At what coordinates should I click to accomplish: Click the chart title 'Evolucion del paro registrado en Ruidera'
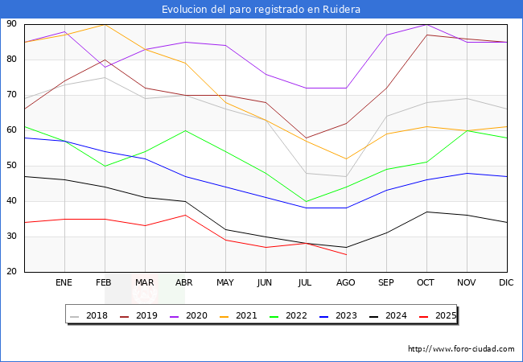[x=261, y=10]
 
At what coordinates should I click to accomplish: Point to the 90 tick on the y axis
[x=12, y=24]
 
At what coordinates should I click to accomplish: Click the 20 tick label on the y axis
[x=12, y=272]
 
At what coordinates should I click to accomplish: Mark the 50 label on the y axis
[x=12, y=166]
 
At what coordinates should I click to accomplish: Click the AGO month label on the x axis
[x=346, y=283]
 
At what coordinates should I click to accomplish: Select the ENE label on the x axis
[x=64, y=283]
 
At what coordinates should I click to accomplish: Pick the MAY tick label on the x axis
[x=225, y=283]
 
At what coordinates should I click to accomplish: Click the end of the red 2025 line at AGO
[x=346, y=254]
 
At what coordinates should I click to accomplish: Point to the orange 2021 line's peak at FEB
[x=105, y=24]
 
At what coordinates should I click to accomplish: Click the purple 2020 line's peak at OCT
[x=426, y=24]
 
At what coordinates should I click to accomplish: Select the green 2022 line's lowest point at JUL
[x=306, y=201]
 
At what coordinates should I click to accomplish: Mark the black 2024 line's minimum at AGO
[x=346, y=247]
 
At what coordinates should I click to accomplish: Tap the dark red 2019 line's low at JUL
[x=306, y=138]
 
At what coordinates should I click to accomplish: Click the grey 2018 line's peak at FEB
[x=105, y=77]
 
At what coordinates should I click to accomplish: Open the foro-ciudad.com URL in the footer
[x=461, y=349]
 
